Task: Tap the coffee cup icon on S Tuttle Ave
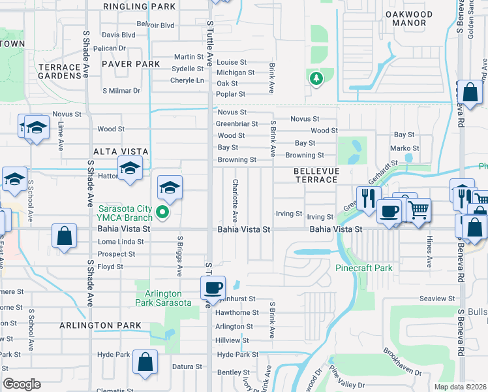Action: coord(213,287)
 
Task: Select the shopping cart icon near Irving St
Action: coord(419,210)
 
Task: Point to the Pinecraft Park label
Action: coord(364,268)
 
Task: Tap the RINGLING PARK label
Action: coord(140,6)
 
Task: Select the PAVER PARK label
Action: coord(130,64)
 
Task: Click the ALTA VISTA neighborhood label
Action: coord(121,151)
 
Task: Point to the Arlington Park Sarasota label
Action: coord(163,298)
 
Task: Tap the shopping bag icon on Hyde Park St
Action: coord(145,361)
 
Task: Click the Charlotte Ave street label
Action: coord(234,201)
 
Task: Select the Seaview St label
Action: coord(437,299)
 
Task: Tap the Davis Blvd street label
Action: coord(118,35)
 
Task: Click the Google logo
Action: coord(22,384)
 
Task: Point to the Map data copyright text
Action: coord(459,387)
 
